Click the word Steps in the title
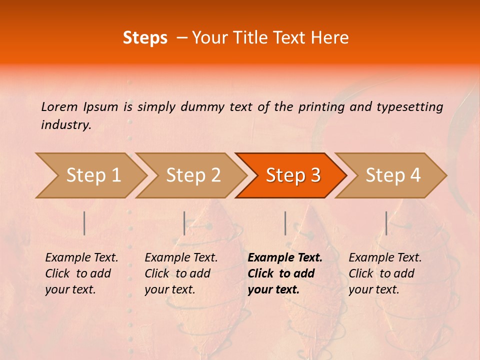point(145,38)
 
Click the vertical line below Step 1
point(84,223)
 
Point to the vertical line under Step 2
point(184,223)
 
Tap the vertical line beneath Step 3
point(285,223)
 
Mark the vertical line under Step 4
point(386,223)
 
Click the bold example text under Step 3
point(285,273)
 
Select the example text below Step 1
point(81,273)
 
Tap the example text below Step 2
point(181,273)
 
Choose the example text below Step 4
point(385,273)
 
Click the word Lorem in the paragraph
point(59,107)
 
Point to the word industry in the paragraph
point(65,125)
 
